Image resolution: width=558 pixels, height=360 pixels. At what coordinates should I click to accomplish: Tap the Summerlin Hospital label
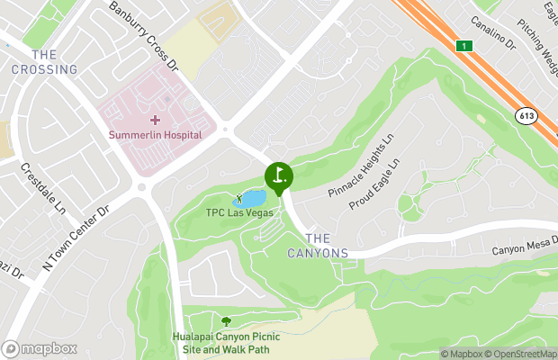[x=156, y=135]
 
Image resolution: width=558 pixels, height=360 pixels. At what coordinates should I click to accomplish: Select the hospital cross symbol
[x=156, y=119]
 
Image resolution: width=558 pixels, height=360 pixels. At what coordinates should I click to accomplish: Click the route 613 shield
[x=526, y=116]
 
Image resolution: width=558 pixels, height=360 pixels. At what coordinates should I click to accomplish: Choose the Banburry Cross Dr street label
[x=144, y=37]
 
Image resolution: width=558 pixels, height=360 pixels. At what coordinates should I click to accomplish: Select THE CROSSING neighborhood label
[x=44, y=62]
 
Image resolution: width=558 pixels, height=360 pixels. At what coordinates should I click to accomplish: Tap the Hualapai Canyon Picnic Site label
[x=226, y=343]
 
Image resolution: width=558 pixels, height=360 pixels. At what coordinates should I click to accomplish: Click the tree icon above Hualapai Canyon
[x=226, y=321]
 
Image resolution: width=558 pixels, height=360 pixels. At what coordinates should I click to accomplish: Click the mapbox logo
[x=40, y=348]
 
